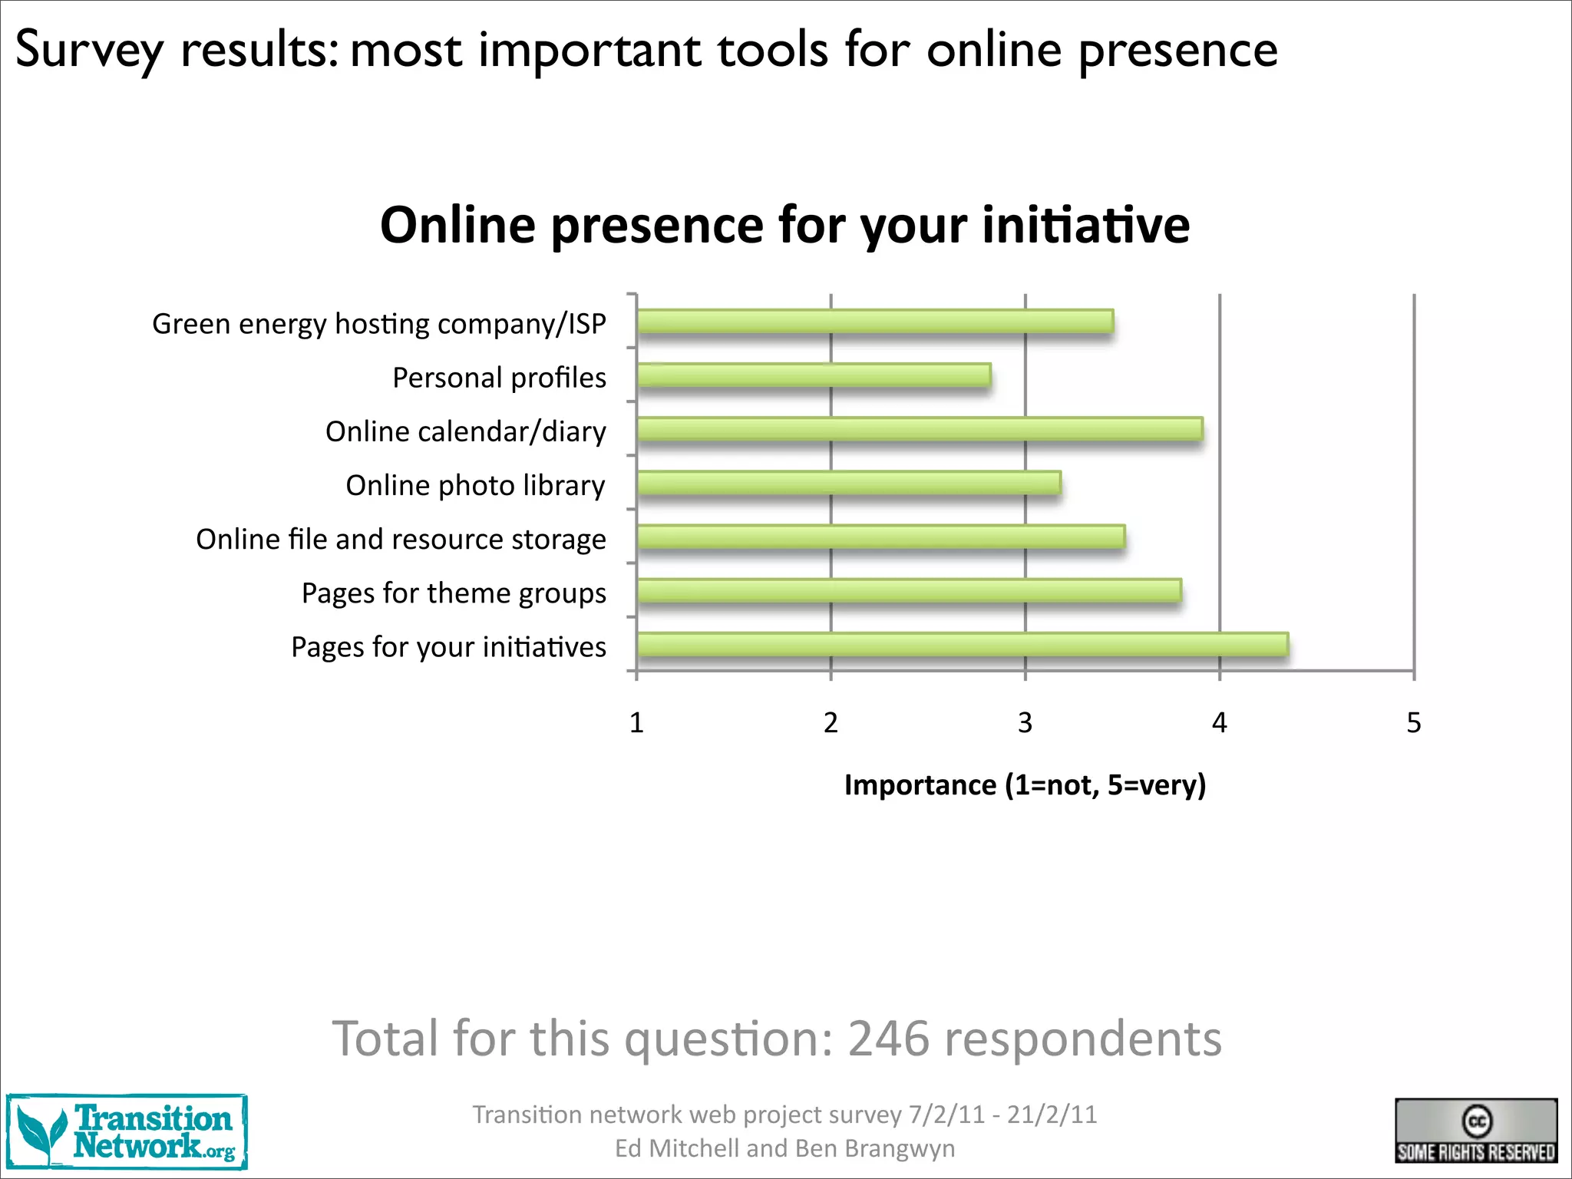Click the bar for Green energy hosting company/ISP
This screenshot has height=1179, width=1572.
click(x=875, y=322)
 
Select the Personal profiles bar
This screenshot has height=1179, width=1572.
click(x=814, y=375)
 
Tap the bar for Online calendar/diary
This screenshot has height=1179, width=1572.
click(x=920, y=429)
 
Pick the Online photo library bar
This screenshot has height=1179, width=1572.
click(x=849, y=483)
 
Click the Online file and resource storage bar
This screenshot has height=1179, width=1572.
click(x=881, y=537)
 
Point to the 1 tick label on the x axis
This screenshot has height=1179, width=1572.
click(x=636, y=723)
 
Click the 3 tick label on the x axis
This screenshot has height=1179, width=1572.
click(x=1025, y=723)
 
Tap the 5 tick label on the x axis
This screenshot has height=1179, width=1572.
click(x=1413, y=723)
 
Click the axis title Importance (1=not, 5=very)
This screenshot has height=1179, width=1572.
click(x=1025, y=785)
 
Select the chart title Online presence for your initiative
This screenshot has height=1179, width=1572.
click(x=784, y=225)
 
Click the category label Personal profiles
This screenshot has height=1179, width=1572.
click(x=499, y=378)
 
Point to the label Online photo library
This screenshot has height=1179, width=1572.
click(x=475, y=486)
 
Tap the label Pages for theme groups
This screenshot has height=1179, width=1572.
click(x=454, y=593)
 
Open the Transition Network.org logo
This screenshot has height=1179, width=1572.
click(x=127, y=1132)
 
